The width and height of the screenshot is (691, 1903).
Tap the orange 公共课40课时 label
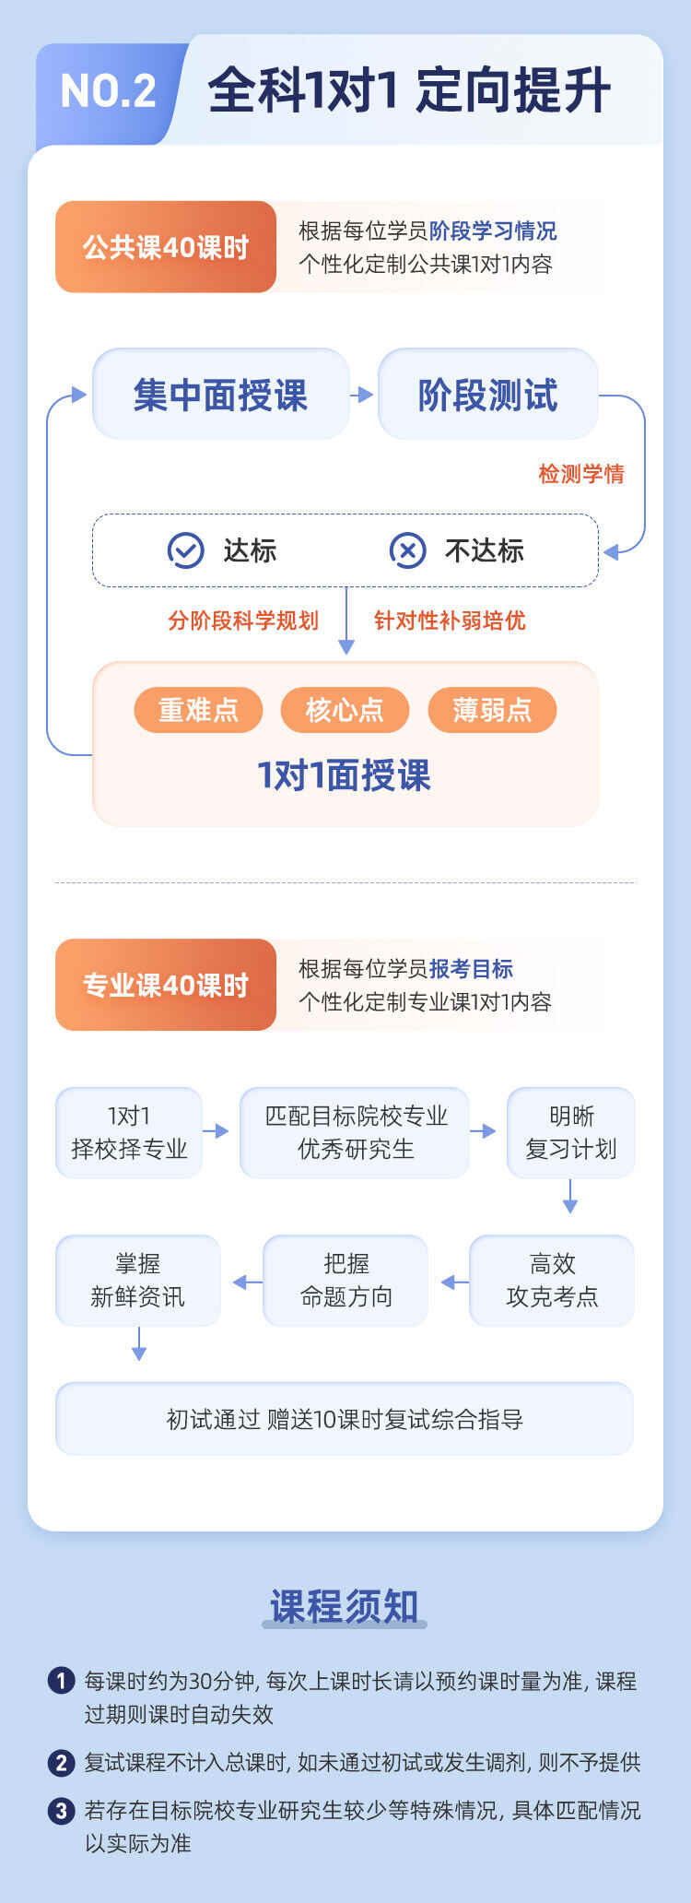166,247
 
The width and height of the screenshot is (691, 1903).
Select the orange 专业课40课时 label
166,985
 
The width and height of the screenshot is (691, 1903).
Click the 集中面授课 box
221,395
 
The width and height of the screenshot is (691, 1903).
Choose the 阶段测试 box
488,395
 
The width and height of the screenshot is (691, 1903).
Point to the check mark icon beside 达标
185,550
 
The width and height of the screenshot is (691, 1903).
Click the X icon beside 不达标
407,550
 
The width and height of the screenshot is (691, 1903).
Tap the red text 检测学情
581,474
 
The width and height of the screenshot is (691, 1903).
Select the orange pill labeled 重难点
198,710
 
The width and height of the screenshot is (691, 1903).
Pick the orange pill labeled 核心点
345,710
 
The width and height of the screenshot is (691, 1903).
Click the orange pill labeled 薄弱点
492,710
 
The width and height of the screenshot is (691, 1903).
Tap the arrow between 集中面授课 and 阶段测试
362,395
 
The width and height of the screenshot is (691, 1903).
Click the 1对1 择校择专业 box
129,1132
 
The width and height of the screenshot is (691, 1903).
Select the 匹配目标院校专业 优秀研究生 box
355,1132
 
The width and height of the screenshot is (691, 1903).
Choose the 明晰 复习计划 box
571,1132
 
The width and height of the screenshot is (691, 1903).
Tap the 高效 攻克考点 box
552,1281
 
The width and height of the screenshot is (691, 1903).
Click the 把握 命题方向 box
345,1281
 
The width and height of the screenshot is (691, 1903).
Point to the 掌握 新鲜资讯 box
138,1281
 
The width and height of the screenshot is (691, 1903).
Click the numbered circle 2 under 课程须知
61,1762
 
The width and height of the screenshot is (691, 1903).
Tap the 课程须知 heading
345,1605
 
